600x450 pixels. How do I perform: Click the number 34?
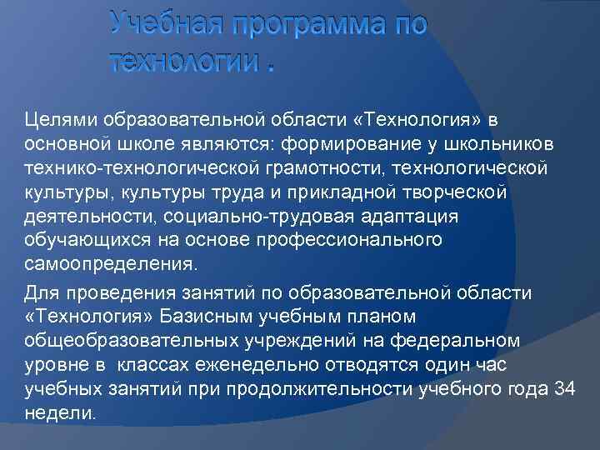coord(565,389)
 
